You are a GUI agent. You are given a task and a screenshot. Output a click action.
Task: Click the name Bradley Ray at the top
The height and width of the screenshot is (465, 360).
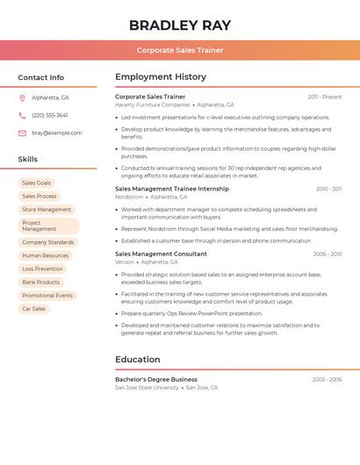(x=180, y=25)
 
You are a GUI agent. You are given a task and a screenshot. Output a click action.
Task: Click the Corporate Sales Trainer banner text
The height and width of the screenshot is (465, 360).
(x=180, y=50)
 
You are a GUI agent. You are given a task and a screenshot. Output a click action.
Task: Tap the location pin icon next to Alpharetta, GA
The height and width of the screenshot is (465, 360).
(x=22, y=97)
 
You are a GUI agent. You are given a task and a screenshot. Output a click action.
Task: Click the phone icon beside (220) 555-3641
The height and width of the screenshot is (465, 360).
(x=22, y=115)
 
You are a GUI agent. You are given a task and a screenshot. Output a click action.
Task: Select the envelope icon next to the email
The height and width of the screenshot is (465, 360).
(x=22, y=132)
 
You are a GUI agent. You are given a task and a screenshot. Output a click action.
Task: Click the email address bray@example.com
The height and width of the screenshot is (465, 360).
(x=57, y=132)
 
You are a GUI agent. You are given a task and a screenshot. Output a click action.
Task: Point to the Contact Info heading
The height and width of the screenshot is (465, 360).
(x=41, y=77)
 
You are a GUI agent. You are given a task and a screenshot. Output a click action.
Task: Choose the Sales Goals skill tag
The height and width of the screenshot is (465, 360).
(x=37, y=182)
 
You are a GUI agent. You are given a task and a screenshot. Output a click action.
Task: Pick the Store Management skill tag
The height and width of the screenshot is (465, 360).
(x=47, y=210)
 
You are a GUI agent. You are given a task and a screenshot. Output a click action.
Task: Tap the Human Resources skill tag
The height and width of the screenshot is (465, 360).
(x=45, y=255)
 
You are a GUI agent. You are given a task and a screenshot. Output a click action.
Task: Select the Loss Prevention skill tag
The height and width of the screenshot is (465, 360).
(x=42, y=268)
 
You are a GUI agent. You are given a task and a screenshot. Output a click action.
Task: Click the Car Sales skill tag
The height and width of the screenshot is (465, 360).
(x=34, y=309)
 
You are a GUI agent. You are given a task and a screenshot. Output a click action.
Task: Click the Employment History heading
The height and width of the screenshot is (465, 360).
(x=161, y=76)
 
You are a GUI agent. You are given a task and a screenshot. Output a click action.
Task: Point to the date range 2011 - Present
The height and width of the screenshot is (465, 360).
(x=325, y=97)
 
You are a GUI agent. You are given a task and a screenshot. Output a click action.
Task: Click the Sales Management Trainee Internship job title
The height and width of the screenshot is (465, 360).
(x=172, y=189)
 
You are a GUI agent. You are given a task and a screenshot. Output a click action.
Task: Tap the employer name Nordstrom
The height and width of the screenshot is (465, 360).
(x=129, y=197)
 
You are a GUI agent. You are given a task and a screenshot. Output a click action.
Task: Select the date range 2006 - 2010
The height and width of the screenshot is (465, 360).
(x=328, y=254)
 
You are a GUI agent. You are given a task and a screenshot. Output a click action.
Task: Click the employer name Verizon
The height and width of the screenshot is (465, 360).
(x=125, y=261)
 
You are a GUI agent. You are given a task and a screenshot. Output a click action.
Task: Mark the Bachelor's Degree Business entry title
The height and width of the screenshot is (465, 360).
(x=156, y=379)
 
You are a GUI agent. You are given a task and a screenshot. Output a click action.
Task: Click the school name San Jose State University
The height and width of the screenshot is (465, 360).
(x=147, y=387)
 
